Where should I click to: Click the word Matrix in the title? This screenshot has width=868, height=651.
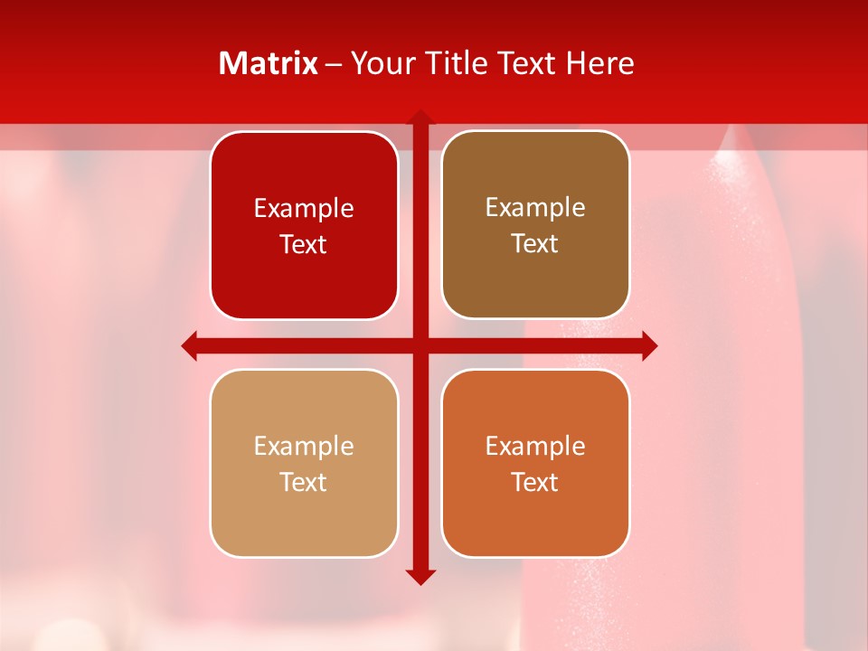click(x=269, y=63)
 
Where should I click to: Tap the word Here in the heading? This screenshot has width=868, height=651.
click(x=600, y=63)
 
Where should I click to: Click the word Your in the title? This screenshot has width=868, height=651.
click(x=380, y=63)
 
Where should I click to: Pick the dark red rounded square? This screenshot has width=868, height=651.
click(x=304, y=225)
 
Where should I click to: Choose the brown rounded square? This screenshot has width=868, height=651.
click(x=535, y=225)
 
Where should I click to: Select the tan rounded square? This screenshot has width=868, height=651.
click(x=304, y=463)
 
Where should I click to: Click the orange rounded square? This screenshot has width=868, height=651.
click(x=535, y=463)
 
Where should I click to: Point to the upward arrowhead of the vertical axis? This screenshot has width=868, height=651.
click(x=420, y=117)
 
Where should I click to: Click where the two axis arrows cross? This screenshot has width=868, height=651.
click(x=420, y=345)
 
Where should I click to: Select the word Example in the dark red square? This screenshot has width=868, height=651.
click(x=304, y=208)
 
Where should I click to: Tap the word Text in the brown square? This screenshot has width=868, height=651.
click(x=535, y=244)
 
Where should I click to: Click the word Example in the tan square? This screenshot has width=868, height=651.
click(x=304, y=446)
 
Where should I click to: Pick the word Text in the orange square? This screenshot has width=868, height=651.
click(x=535, y=482)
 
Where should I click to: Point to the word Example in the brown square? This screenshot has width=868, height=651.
click(x=535, y=207)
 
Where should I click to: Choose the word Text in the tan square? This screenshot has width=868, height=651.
click(x=304, y=482)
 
